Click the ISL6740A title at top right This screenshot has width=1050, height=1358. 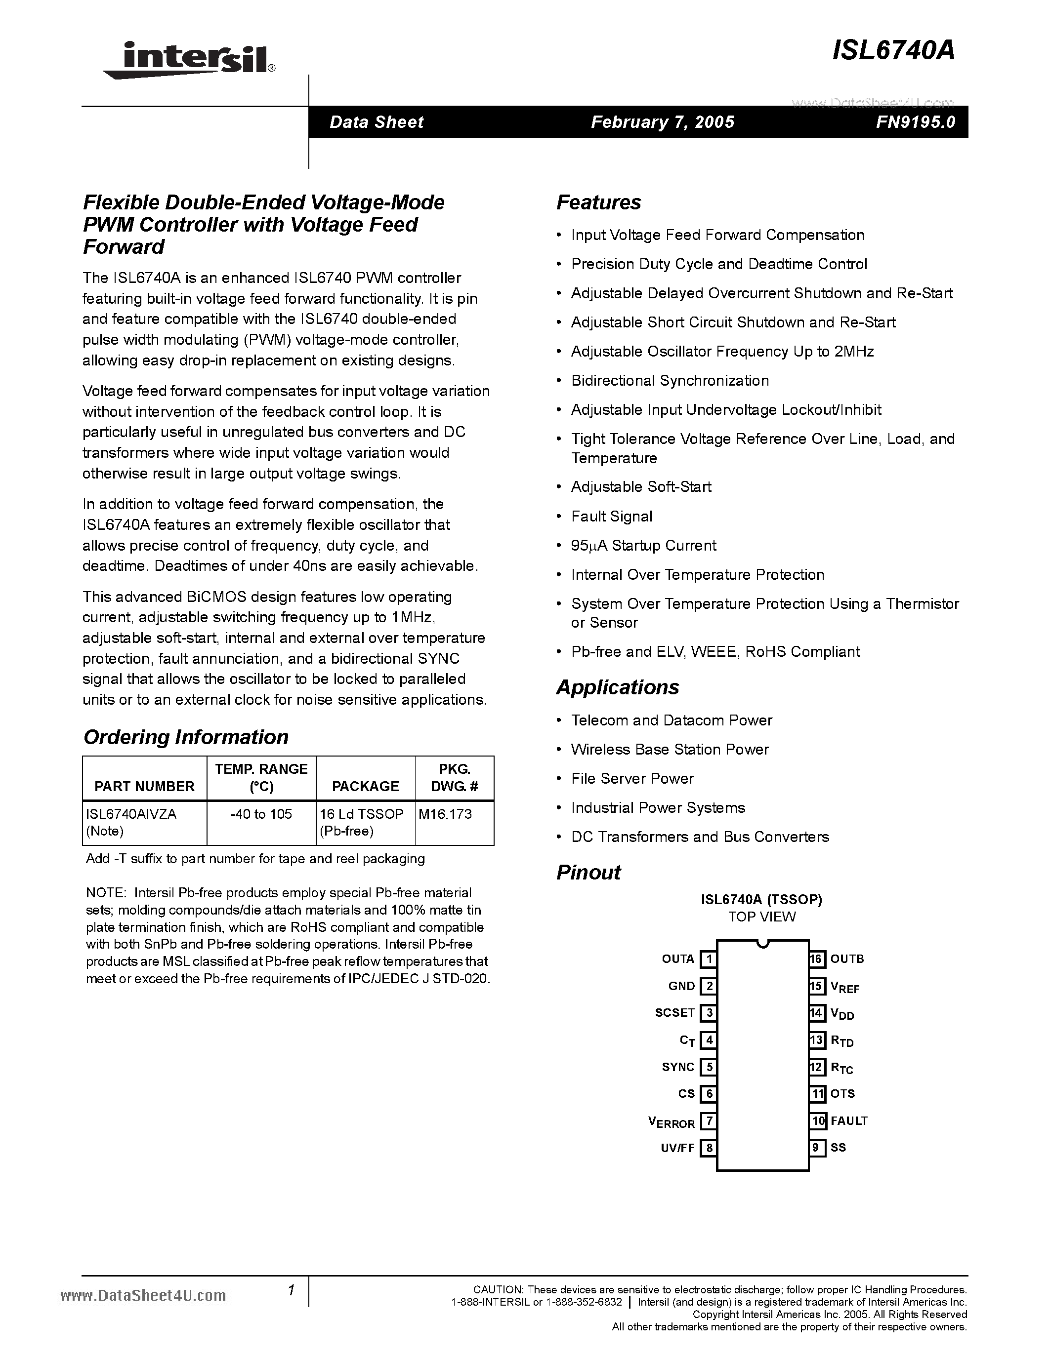pos(893,51)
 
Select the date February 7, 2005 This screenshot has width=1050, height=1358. pos(663,122)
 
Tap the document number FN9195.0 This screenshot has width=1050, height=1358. pos(915,122)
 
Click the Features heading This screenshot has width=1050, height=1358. pos(598,202)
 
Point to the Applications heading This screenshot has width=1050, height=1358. pos(617,687)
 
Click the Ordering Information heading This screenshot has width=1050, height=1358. pos(185,737)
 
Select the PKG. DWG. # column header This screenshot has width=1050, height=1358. pos(454,778)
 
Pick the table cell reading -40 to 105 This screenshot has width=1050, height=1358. pos(261,814)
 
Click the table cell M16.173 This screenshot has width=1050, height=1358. pos(445,814)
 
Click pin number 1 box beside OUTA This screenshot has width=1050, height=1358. pos(708,959)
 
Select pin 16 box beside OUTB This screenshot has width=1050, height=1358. pos(817,959)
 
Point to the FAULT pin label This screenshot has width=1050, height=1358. pos(848,1120)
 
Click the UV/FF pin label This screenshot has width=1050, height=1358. pos(677,1148)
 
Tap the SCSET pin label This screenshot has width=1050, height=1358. pos(674,1012)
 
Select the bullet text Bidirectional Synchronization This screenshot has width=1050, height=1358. pos(670,381)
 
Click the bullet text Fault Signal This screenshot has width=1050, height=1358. pos(611,516)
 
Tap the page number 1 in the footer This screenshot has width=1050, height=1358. pos(291,1290)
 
